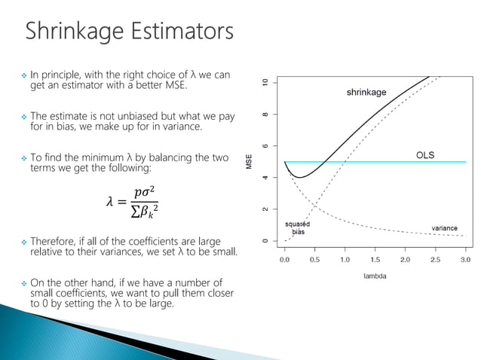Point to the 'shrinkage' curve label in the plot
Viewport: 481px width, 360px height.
[x=366, y=93]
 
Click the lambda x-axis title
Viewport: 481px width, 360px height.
[x=375, y=276]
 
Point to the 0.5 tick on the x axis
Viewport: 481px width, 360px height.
[x=314, y=259]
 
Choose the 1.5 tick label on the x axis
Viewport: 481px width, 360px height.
[x=375, y=259]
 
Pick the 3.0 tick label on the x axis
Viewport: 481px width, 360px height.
[x=465, y=259]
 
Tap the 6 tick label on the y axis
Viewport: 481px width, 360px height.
[x=265, y=145]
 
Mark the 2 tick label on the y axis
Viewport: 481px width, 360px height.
[x=265, y=209]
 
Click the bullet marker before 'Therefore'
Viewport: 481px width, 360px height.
[x=23, y=242]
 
